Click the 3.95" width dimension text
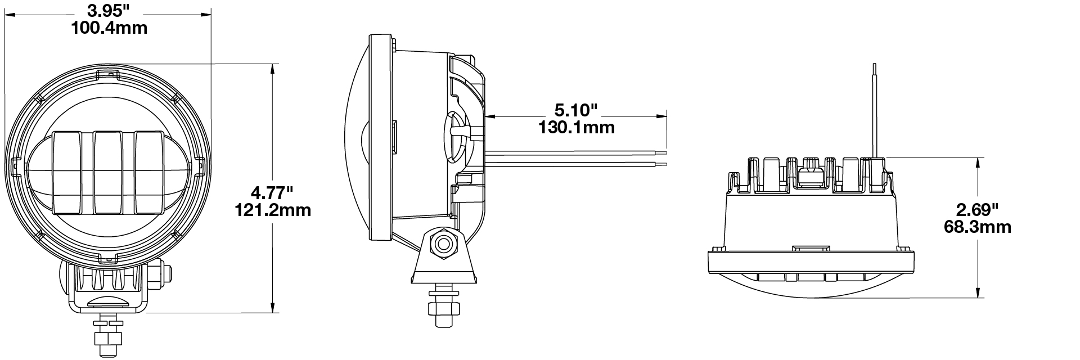(x=109, y=11)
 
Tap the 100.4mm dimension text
(x=109, y=28)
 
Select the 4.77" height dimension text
(x=272, y=193)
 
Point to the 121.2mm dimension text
(x=272, y=210)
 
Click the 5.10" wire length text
(x=576, y=109)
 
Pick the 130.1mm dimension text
(x=576, y=127)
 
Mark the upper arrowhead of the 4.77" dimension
(x=273, y=69)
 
